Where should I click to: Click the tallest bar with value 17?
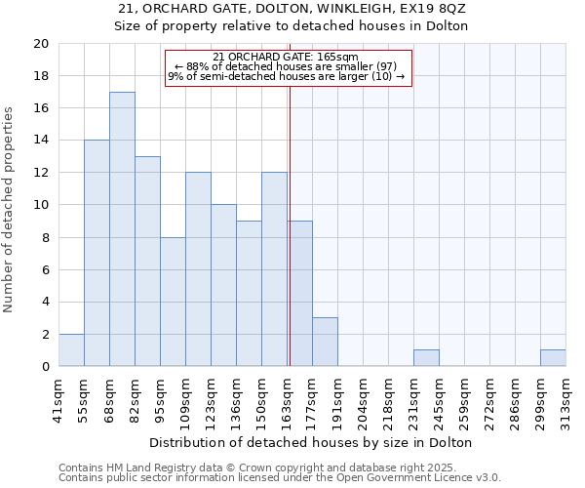122,229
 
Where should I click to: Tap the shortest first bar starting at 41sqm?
71,350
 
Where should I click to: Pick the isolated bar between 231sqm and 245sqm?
426,358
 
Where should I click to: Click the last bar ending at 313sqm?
553,358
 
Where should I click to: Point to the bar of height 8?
173,302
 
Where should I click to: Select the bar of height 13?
147,262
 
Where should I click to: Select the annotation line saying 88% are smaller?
289,66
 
